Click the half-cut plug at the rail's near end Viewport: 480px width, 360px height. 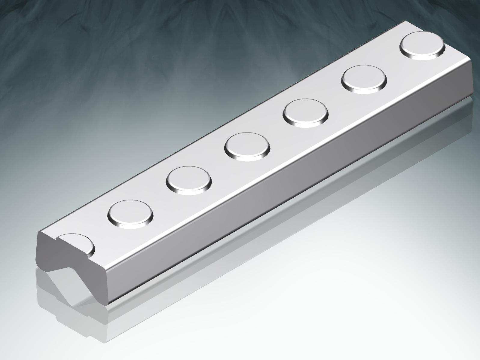point(77,244)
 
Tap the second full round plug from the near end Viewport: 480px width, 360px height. point(189,179)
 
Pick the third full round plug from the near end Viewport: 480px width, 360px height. point(247,146)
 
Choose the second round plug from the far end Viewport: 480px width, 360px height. point(364,79)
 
